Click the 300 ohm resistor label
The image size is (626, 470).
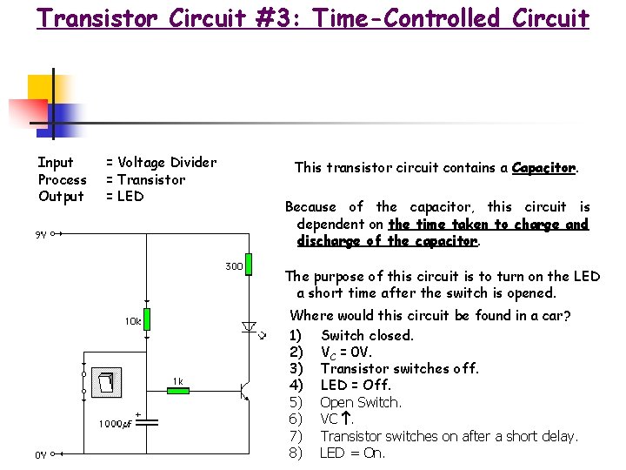pos(234,265)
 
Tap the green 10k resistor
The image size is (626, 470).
pos(148,319)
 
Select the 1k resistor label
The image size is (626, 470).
pos(177,380)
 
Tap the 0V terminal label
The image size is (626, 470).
pos(41,454)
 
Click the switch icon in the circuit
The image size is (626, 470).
pos(106,381)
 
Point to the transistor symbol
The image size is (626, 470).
pos(244,392)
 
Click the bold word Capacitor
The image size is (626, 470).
pos(543,167)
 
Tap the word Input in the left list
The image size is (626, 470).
pos(56,162)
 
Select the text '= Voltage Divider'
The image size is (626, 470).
pos(161,162)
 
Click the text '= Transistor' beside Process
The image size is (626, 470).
pos(145,179)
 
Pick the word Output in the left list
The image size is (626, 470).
pos(61,196)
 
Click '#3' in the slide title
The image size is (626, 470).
pos(278,17)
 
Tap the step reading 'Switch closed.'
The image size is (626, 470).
pos(367,335)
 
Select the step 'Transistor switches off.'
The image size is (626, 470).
pos(399,368)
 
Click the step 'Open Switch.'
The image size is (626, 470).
pos(360,402)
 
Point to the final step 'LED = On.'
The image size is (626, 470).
pos(352,453)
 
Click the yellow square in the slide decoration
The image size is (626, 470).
pos(40,88)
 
